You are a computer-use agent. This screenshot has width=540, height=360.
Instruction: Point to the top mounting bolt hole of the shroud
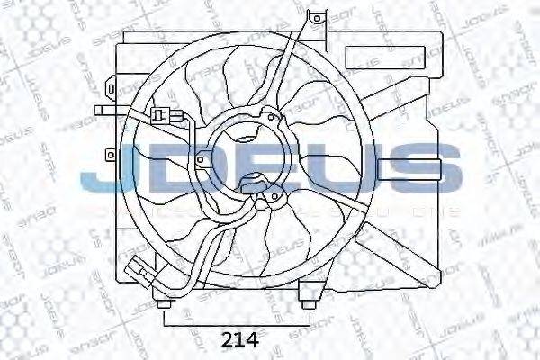[315, 16]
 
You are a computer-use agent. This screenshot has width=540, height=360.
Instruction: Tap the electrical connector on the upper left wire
[163, 114]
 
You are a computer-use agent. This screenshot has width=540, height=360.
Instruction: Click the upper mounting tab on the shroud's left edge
[109, 90]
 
